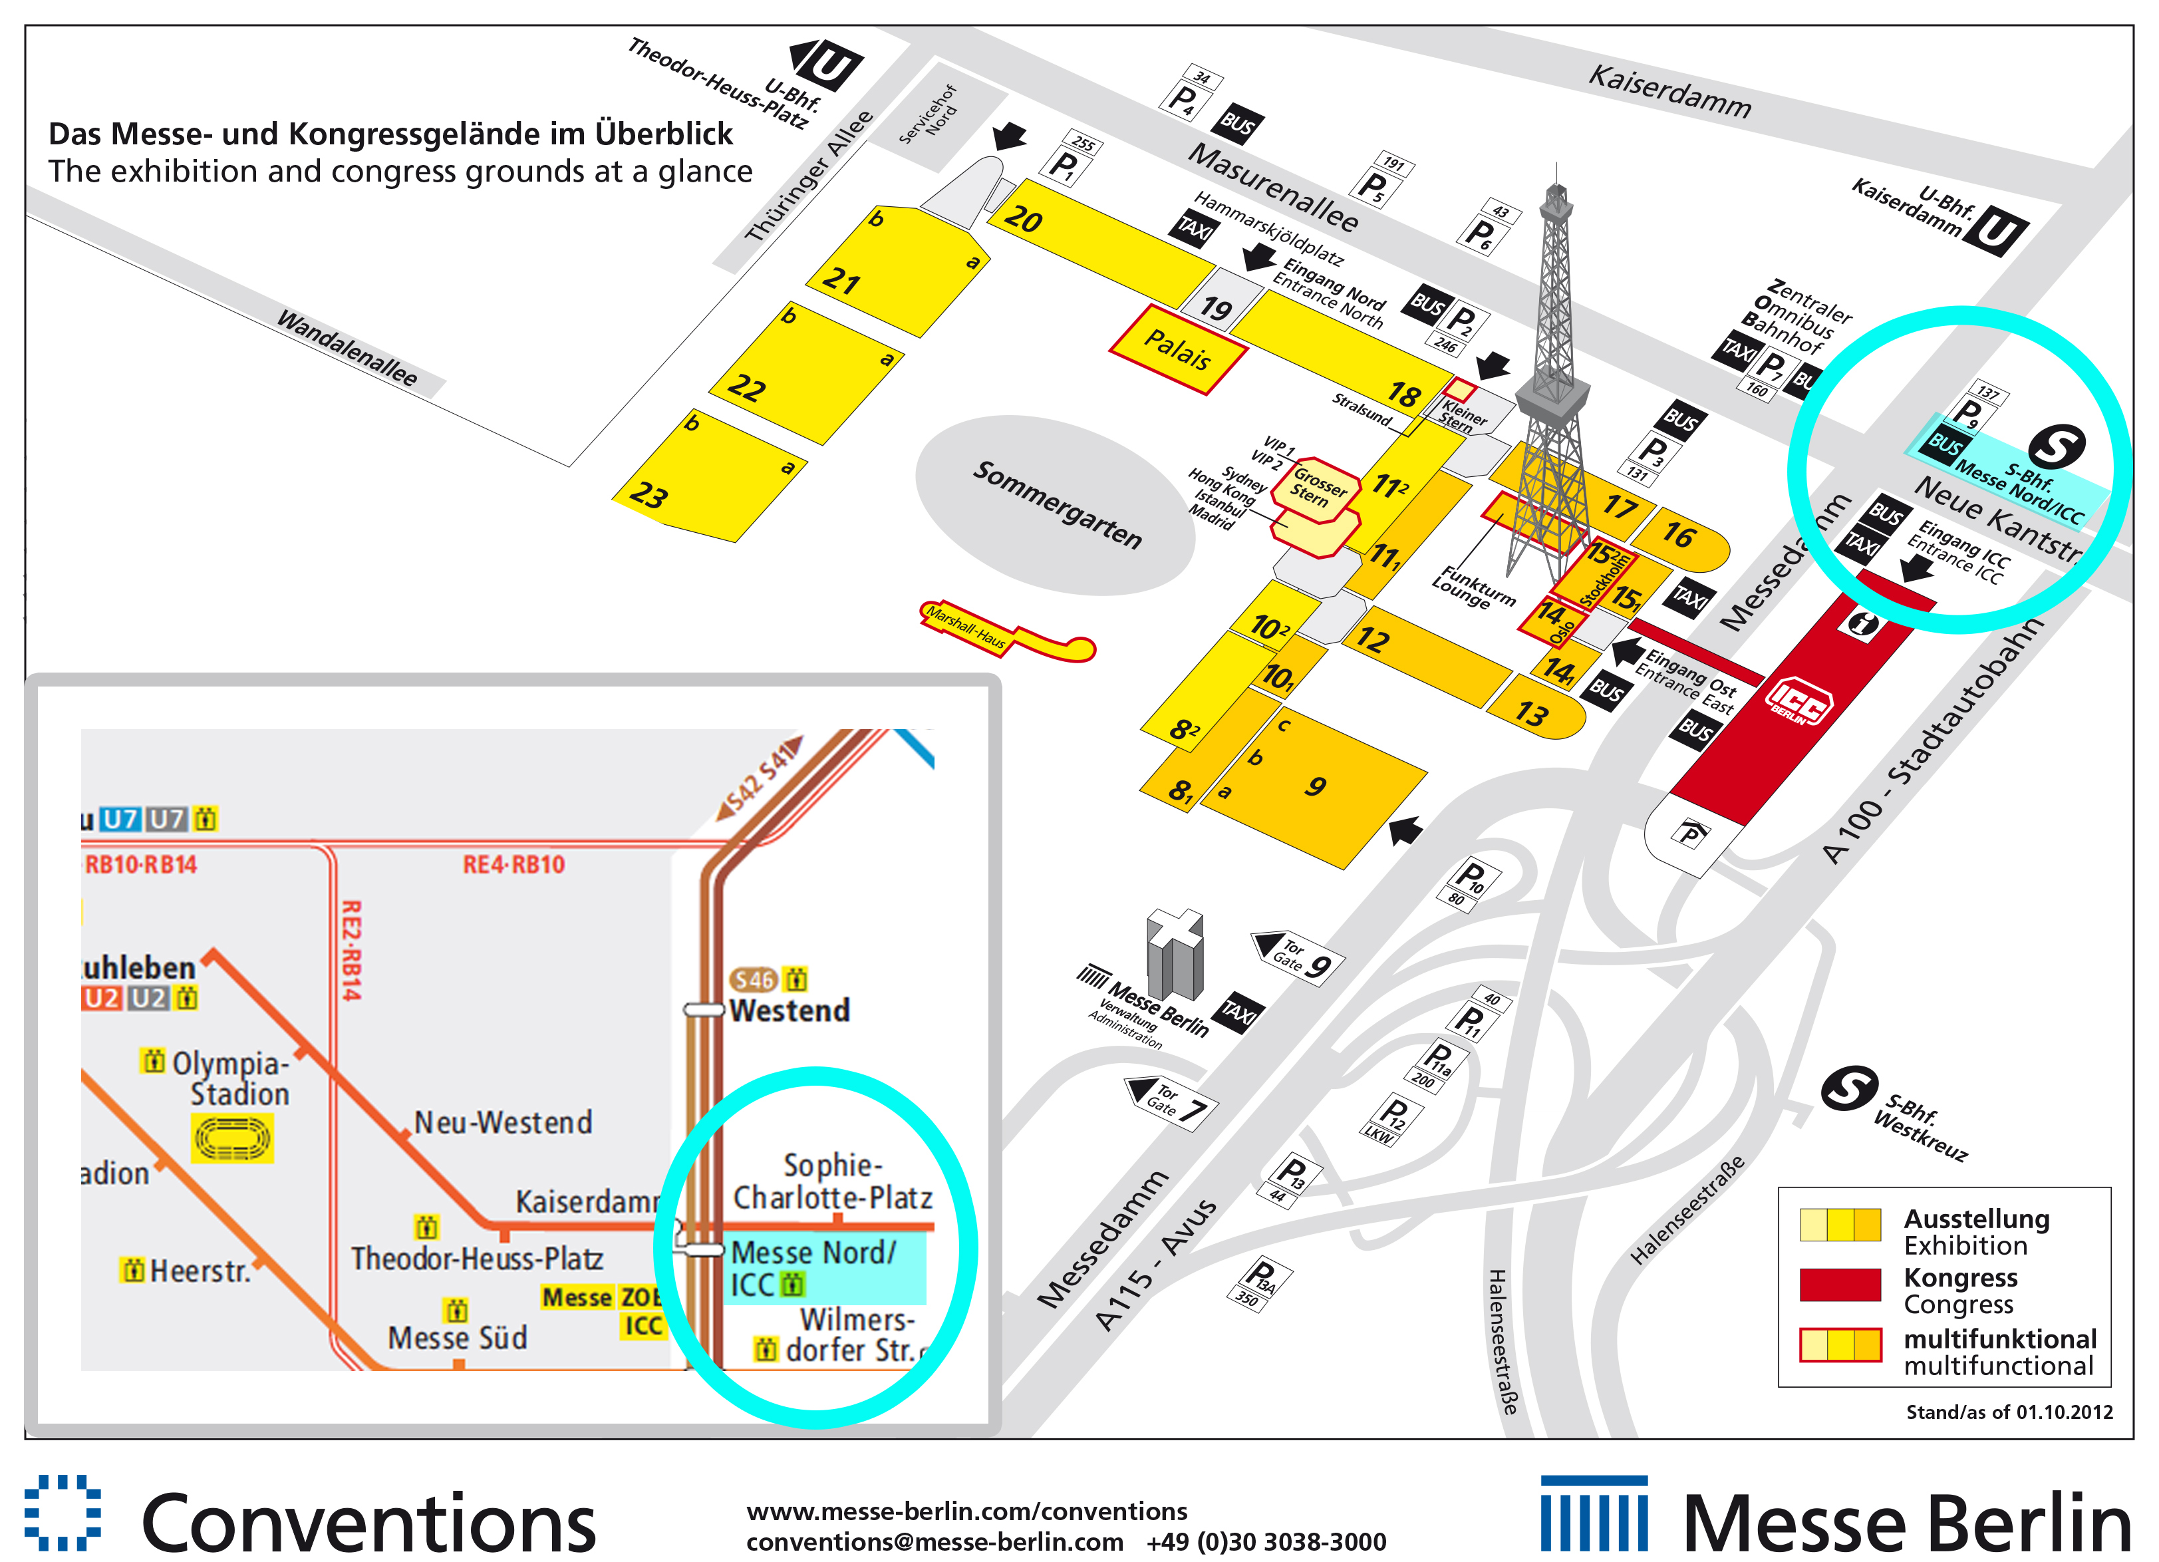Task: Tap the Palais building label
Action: (x=1177, y=349)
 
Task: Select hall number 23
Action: (x=649, y=495)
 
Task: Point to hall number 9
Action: (x=1316, y=786)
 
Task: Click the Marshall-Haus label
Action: (x=966, y=627)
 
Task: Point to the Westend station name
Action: (x=789, y=1011)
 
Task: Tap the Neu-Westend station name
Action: (x=503, y=1123)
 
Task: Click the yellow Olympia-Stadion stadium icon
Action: (x=232, y=1138)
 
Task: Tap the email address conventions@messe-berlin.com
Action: (x=934, y=1541)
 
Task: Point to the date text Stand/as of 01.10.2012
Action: (x=2009, y=1412)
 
